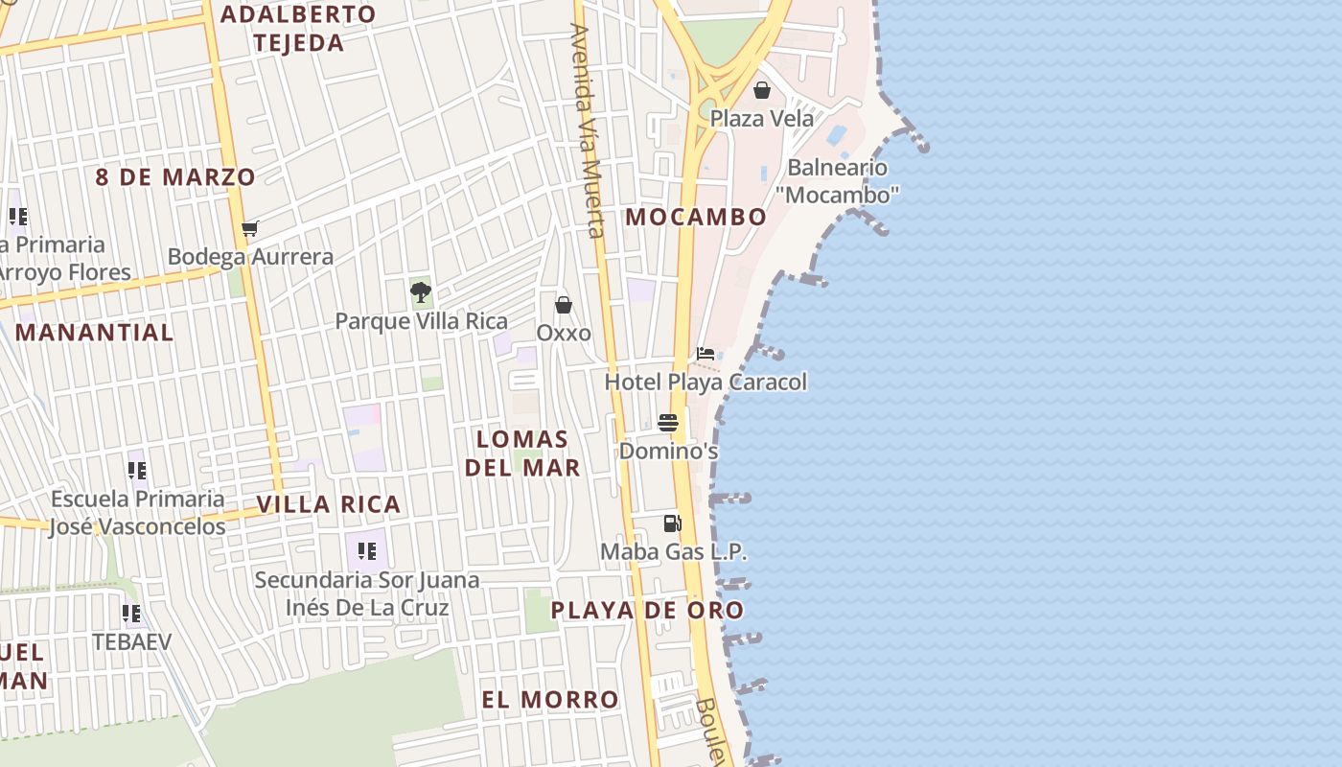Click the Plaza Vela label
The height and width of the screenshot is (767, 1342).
761,119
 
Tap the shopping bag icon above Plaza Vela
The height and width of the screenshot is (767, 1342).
762,90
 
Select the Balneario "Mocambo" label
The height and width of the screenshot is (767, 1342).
837,181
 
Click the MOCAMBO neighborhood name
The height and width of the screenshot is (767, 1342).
696,217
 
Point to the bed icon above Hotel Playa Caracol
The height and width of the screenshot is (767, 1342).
706,354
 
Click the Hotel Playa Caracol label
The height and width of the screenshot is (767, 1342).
706,382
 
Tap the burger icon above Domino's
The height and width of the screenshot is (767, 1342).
668,423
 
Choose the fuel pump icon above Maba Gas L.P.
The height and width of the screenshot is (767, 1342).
673,523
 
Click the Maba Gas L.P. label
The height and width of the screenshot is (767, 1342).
673,551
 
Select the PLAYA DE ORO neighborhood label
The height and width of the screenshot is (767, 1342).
647,610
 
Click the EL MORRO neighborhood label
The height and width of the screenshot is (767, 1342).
550,700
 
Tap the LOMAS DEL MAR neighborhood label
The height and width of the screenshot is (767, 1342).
522,453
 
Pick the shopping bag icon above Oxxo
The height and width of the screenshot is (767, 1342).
564,305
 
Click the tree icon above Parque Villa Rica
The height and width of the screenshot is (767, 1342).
420,292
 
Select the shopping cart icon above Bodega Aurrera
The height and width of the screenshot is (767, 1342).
250,228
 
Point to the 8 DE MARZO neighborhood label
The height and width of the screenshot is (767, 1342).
174,177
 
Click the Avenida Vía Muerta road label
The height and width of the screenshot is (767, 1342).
587,129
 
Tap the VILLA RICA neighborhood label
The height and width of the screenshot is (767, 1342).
328,504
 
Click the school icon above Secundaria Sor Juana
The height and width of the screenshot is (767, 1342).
366,550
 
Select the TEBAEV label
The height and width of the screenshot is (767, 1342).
131,641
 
